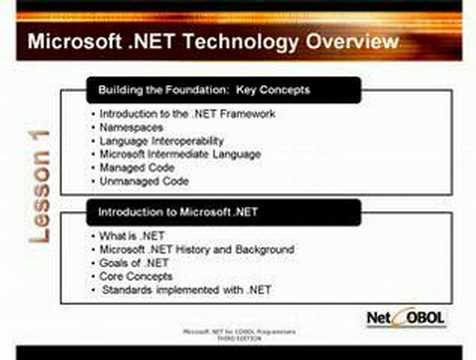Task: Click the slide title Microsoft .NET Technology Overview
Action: pos(213,42)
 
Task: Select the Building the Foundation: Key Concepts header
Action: pos(204,90)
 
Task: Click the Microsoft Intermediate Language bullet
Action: pos(181,154)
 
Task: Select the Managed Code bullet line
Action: pos(145,168)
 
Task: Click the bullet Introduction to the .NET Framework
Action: pos(187,114)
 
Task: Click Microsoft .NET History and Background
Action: pos(196,248)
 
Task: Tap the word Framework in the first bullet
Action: pos(245,114)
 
